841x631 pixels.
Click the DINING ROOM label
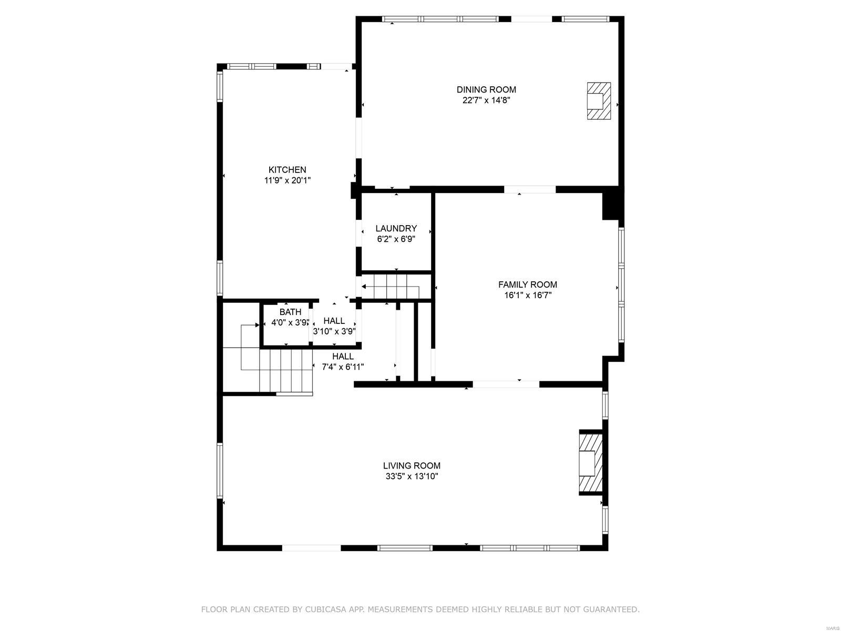(486, 90)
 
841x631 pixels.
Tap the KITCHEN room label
(287, 170)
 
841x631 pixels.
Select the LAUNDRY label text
(396, 229)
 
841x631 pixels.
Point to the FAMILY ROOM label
(527, 284)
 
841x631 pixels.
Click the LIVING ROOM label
(412, 466)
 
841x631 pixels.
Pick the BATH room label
(290, 312)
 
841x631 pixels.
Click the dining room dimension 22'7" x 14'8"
(486, 100)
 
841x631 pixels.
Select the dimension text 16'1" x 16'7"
(527, 296)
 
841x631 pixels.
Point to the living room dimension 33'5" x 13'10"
(412, 477)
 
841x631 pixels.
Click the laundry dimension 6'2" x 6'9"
(396, 239)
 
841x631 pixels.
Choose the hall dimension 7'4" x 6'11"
(343, 367)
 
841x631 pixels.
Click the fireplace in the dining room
(599, 101)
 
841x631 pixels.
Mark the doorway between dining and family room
(530, 189)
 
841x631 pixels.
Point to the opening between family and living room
(506, 384)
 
